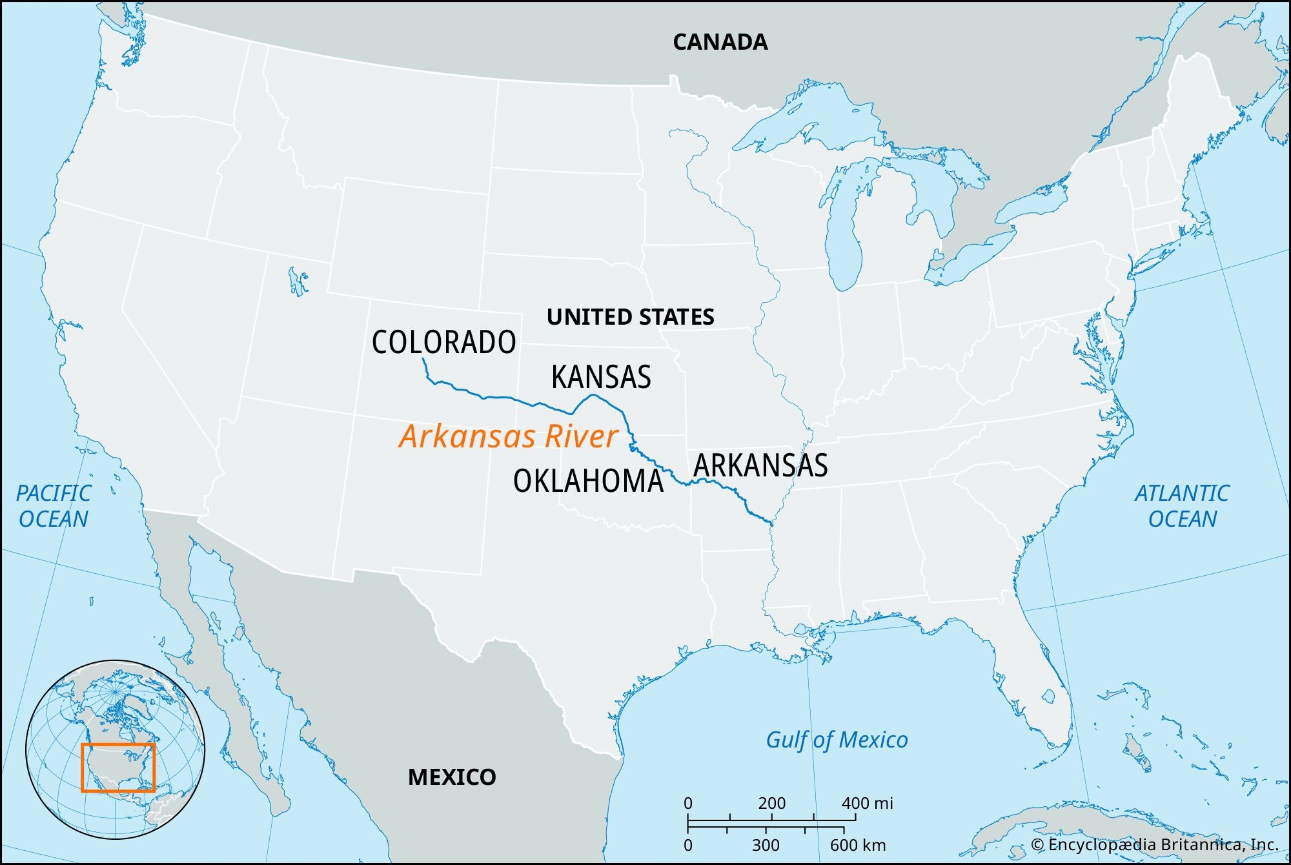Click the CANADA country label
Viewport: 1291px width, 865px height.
720,43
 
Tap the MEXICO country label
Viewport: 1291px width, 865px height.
452,777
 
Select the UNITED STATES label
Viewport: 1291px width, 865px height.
630,317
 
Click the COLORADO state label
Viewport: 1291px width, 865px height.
443,342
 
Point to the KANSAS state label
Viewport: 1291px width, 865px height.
601,377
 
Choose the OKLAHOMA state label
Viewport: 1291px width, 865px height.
588,482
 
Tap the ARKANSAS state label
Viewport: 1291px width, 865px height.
760,465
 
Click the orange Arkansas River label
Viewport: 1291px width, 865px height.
509,436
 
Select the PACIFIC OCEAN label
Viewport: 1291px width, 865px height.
54,506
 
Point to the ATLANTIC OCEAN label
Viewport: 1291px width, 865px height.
1182,506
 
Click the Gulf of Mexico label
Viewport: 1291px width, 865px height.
837,740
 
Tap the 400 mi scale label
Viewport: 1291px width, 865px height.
867,804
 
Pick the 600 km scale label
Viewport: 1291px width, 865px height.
857,845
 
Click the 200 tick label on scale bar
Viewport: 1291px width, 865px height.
771,804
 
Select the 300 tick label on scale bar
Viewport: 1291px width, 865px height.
766,845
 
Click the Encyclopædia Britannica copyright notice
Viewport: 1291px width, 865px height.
1154,845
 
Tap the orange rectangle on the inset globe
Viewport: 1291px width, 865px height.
118,768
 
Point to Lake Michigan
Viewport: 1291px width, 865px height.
844,239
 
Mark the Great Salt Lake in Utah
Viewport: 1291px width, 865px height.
298,281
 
